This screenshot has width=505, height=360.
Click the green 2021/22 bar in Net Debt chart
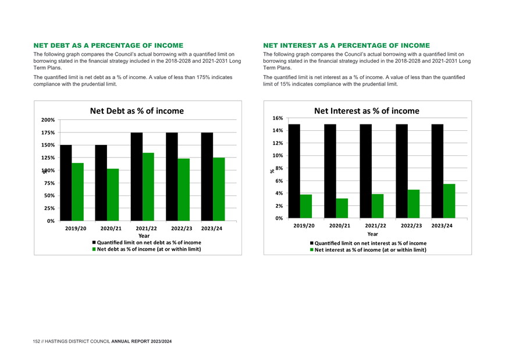click(x=148, y=187)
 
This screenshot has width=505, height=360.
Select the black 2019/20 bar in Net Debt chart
click(x=66, y=183)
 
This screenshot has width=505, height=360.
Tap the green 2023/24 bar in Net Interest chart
click(x=449, y=201)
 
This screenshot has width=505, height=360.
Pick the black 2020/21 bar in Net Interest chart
click(x=330, y=172)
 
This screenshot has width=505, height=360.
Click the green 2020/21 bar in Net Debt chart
click(x=113, y=195)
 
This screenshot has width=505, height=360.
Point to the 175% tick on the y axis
click(x=48, y=133)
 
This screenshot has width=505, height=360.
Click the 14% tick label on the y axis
click(x=278, y=130)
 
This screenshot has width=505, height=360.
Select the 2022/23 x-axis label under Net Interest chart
click(x=411, y=226)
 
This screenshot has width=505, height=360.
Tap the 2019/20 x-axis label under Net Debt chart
click(x=76, y=229)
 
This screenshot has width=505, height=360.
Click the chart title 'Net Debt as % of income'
click(x=137, y=111)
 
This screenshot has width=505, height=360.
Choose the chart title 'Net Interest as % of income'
click(x=367, y=111)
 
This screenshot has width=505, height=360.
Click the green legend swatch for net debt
click(x=94, y=249)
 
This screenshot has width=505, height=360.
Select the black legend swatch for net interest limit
click(x=312, y=243)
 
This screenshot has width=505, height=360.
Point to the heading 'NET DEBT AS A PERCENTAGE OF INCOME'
click(x=109, y=45)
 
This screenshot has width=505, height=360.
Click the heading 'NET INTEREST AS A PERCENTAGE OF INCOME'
click(x=347, y=45)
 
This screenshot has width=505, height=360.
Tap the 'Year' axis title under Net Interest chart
click(x=372, y=234)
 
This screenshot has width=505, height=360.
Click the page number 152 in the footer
click(x=37, y=341)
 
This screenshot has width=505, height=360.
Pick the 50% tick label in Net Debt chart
click(x=49, y=195)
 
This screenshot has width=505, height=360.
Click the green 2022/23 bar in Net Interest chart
click(x=414, y=204)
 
